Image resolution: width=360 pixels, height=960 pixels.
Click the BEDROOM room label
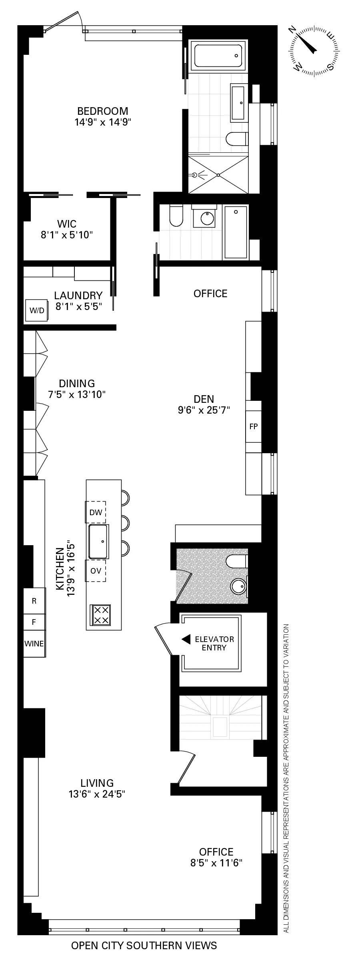point(103,111)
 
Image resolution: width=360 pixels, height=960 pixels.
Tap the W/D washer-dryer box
point(37,310)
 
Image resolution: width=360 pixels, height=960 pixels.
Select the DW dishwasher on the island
point(96,512)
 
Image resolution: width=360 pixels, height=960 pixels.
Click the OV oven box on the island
point(96,571)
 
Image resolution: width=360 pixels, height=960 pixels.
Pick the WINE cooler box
point(34,644)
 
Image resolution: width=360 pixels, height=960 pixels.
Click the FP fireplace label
point(254,426)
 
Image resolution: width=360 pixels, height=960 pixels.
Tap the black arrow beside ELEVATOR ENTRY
point(186,640)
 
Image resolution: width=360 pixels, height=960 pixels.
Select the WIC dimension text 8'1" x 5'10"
point(67,235)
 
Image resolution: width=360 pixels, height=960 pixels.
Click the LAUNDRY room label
point(78,295)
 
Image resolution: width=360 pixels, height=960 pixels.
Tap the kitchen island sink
point(98,541)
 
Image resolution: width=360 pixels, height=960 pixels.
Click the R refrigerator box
point(34,600)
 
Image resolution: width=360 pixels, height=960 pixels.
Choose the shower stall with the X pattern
point(218,175)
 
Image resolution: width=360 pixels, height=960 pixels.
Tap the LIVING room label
point(97,783)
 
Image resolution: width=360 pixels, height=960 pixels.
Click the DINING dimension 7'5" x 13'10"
point(77,394)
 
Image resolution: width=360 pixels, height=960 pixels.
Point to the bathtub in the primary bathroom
point(218,56)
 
